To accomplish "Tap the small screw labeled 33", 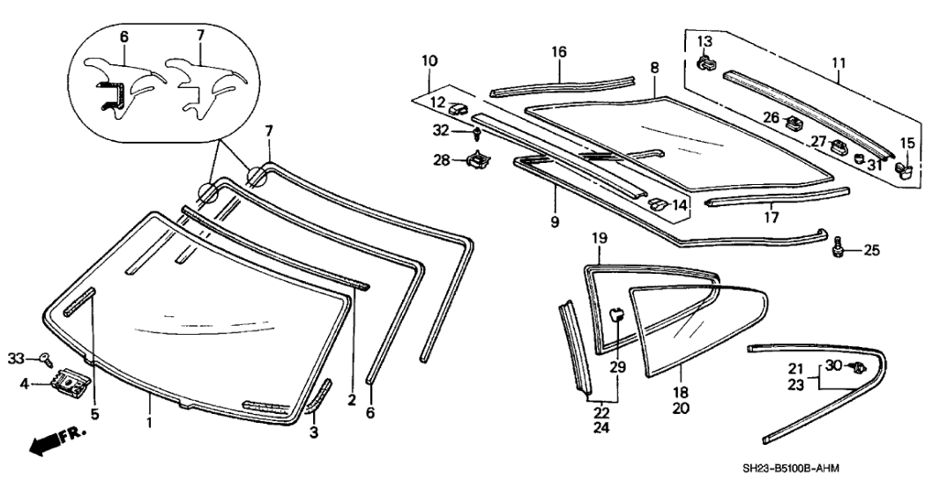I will click(x=45, y=358).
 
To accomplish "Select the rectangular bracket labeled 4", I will click(x=67, y=383).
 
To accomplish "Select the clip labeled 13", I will click(x=706, y=63).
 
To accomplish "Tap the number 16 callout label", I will click(x=559, y=54).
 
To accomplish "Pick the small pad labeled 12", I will click(x=458, y=110).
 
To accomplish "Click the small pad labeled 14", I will click(x=656, y=203).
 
